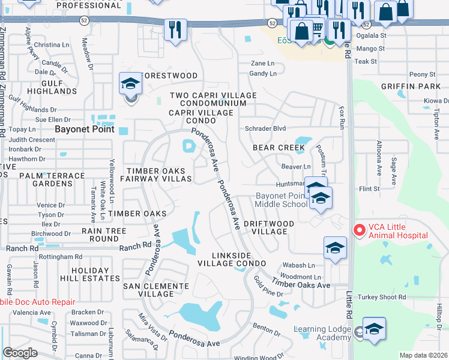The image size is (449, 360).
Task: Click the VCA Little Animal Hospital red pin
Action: [x=359, y=230]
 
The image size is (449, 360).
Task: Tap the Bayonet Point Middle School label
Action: [x=281, y=200]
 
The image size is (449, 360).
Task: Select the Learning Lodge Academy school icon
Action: [x=373, y=329]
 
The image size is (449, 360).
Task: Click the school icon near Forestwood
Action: [x=130, y=85]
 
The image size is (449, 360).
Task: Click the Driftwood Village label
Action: [x=268, y=227]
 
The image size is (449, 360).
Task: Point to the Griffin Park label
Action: [x=415, y=86]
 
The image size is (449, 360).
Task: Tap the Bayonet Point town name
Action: [x=83, y=129]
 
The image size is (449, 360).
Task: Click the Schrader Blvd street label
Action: [x=265, y=128]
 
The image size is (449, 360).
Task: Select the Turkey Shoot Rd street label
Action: [x=382, y=297]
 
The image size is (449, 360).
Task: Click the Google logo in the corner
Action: [x=20, y=353]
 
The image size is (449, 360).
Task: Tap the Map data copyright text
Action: [x=423, y=355]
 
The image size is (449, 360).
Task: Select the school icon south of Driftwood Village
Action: [x=335, y=248]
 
